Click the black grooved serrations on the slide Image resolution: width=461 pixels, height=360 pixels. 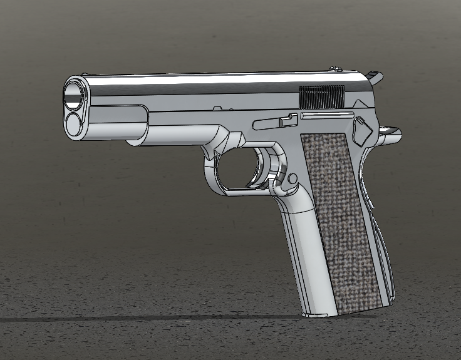tap(323, 96)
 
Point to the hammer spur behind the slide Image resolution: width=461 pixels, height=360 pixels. tap(376, 78)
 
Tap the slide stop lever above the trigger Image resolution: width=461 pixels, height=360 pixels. tap(276, 122)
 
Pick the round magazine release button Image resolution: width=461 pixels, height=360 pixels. tap(293, 178)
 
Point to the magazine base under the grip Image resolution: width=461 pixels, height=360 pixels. tap(319, 312)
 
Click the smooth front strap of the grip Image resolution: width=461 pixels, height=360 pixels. tap(301, 250)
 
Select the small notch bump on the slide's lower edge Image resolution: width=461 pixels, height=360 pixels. tap(219, 108)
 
